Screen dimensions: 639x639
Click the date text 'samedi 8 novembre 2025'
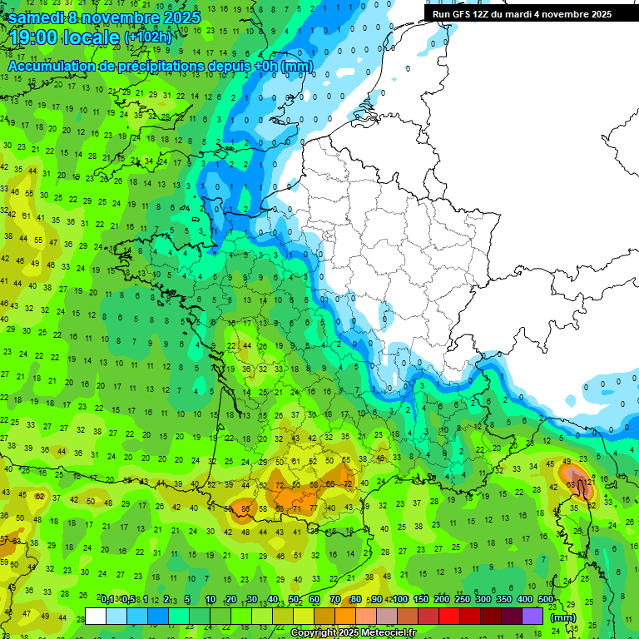[x=104, y=17]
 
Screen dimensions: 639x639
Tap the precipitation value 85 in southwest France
[x=245, y=508]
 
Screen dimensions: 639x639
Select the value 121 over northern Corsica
[x=588, y=482]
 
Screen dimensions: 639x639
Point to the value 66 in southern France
[x=330, y=483]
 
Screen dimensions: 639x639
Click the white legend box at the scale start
[x=96, y=616]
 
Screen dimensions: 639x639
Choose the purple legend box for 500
[x=532, y=616]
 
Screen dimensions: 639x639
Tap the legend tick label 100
[x=399, y=600]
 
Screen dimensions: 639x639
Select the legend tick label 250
[x=462, y=600]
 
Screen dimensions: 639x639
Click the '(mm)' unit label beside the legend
[x=563, y=617]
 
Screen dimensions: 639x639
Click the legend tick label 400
[x=524, y=600]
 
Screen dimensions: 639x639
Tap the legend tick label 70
[x=335, y=600]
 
